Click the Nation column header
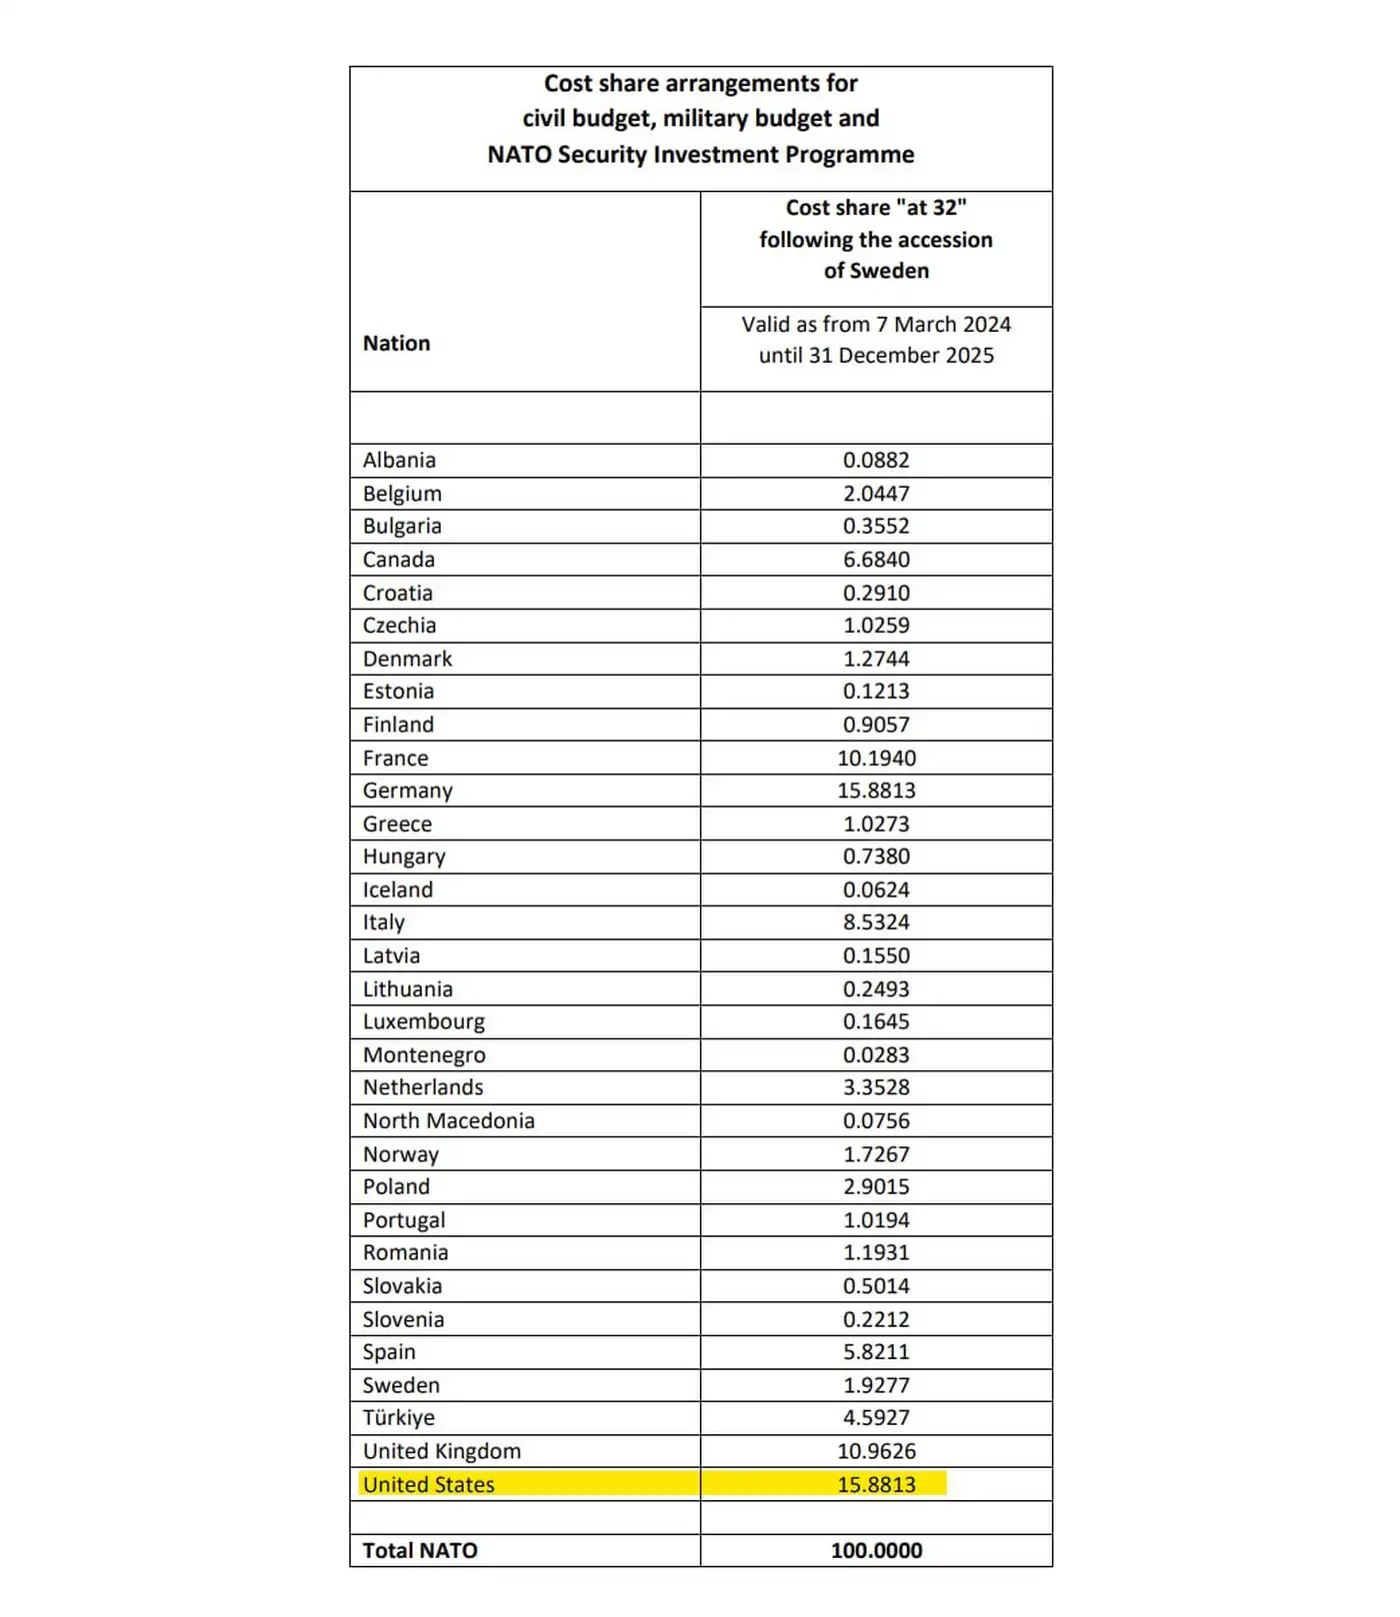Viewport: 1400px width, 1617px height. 396,343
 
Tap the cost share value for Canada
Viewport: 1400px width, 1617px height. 876,560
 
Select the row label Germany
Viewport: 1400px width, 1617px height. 407,791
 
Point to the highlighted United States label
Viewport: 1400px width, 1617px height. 428,1484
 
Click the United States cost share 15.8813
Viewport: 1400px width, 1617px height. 876,1484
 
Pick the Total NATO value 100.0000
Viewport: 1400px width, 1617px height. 876,1550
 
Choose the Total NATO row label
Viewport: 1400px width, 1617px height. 420,1550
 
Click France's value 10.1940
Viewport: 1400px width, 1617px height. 876,758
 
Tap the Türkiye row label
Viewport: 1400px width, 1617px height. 398,1417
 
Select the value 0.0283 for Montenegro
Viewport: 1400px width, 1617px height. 876,1054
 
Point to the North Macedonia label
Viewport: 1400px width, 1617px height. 448,1120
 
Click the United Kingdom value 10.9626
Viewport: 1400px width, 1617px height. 876,1450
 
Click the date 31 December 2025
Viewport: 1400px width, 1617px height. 901,355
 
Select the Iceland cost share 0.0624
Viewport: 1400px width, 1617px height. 876,889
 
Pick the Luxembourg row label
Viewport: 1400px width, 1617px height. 423,1021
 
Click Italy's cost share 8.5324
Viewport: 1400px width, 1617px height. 876,921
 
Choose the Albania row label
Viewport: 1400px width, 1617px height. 399,460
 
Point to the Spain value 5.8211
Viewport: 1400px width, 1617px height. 876,1351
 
